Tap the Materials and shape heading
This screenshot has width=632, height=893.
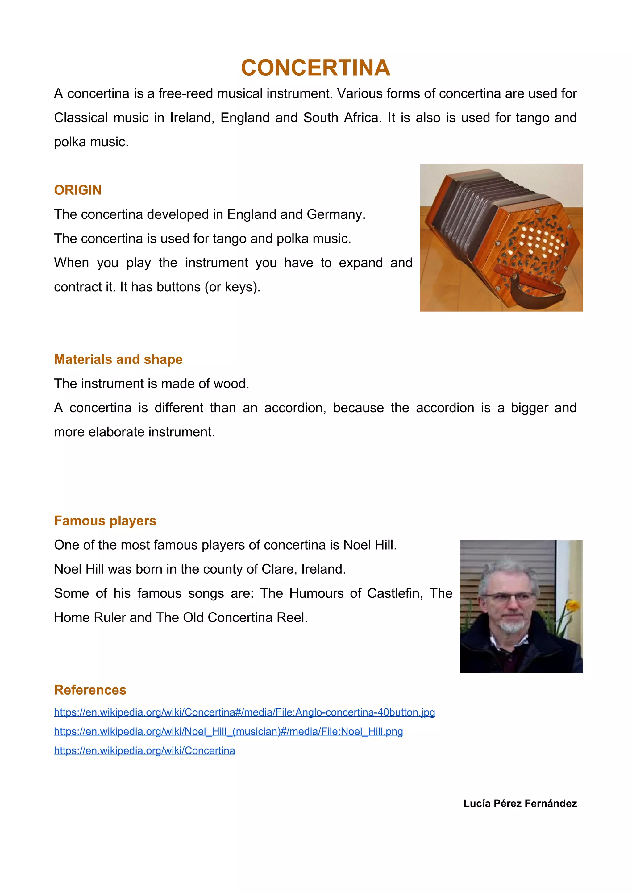pyautogui.click(x=118, y=359)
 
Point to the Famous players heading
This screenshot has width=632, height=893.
pyautogui.click(x=105, y=521)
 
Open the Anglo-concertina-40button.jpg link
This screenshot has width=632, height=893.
pyautogui.click(x=244, y=712)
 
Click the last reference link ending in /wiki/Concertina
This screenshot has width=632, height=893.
pyautogui.click(x=144, y=750)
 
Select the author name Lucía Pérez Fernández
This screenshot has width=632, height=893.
pyautogui.click(x=520, y=804)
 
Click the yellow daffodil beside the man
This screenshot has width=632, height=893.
pyautogui.click(x=573, y=605)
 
